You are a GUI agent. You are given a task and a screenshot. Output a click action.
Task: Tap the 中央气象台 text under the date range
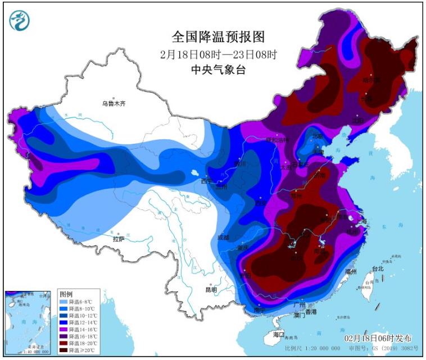[x=218, y=70]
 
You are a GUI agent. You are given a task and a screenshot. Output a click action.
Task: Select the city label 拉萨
[x=119, y=238]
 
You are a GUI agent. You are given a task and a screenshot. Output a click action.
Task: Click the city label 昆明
[x=211, y=289]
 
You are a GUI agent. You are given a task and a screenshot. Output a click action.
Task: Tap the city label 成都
[x=224, y=238]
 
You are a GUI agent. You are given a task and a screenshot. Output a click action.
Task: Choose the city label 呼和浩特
[x=277, y=140]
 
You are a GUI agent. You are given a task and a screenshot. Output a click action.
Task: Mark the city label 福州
[x=351, y=271]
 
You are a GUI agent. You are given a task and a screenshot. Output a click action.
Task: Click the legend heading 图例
[x=66, y=294]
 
